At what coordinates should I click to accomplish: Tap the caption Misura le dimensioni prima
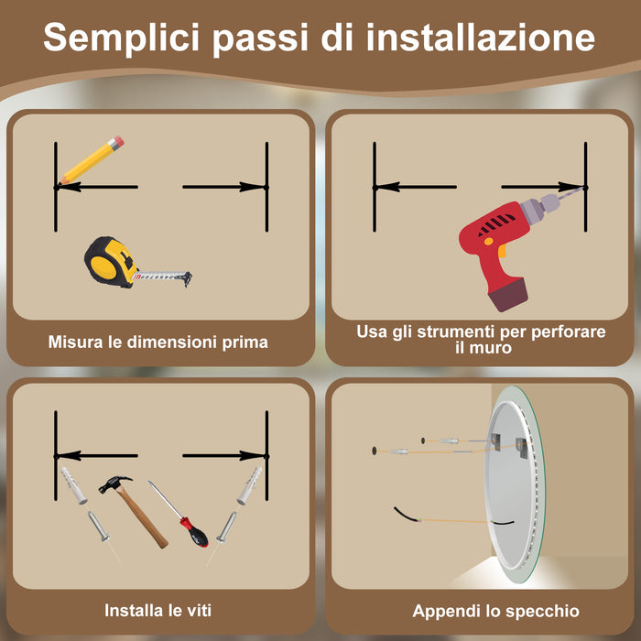point(158,342)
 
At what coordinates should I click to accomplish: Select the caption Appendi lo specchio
point(495,611)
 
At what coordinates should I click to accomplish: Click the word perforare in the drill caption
point(568,331)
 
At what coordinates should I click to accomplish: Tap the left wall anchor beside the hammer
point(72,485)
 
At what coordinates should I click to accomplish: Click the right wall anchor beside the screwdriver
point(248,485)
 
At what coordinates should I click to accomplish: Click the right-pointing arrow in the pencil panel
point(224,187)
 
